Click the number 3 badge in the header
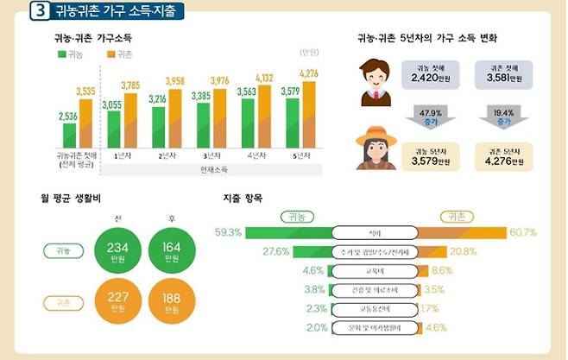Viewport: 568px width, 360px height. click(39, 12)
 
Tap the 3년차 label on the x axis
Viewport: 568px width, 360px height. click(209, 157)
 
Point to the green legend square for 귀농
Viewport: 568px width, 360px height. click(62, 54)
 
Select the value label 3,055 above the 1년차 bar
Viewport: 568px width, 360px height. click(111, 104)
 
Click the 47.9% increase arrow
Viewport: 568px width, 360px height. click(425, 117)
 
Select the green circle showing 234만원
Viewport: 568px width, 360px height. click(117, 252)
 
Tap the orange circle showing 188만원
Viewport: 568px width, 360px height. click(172, 304)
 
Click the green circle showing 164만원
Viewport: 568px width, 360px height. click(172, 252)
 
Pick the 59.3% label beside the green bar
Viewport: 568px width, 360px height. click(228, 232)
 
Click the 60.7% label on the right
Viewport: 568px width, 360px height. click(523, 232)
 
